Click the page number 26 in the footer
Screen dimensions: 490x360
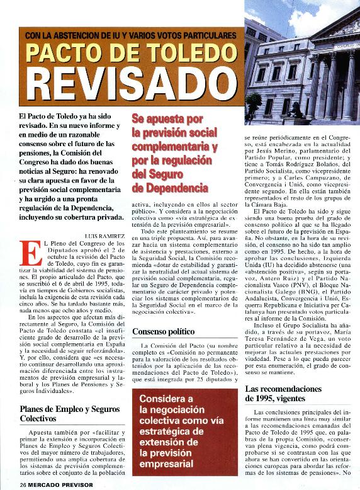click(x=23, y=484)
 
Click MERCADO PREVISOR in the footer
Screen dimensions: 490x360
click(x=61, y=484)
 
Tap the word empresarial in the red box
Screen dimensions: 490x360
click(x=167, y=465)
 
